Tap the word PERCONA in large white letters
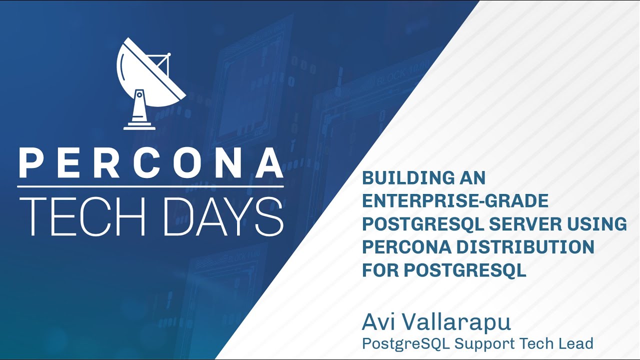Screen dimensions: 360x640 point(150,163)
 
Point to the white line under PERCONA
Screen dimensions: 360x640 point(150,186)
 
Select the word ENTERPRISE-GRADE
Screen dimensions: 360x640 point(455,201)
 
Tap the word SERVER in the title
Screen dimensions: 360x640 point(525,224)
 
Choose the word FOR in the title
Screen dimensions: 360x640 point(380,270)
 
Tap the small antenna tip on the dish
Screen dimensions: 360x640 point(169,54)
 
